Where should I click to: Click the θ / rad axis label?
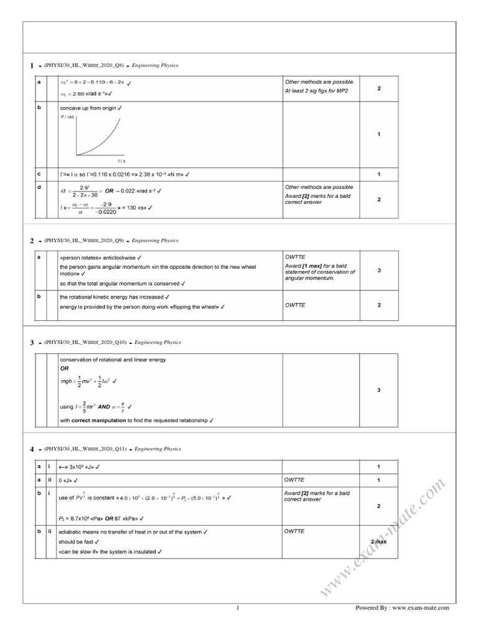pyautogui.click(x=67, y=116)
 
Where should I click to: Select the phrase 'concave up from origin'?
pyautogui.click(x=87, y=108)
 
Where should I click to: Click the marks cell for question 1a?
pyautogui.click(x=379, y=89)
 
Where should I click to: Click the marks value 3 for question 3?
pyautogui.click(x=379, y=390)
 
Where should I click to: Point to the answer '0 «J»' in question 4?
pyautogui.click(x=67, y=480)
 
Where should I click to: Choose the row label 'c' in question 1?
pyautogui.click(x=39, y=174)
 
